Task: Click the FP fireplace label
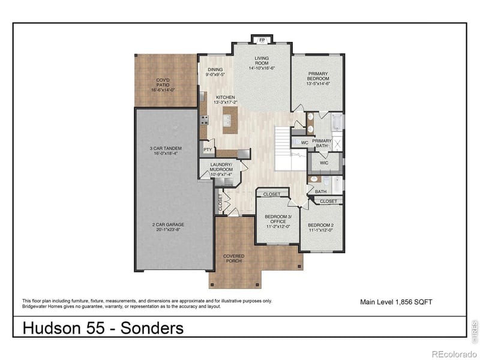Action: (x=262, y=41)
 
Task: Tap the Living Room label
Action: (x=261, y=63)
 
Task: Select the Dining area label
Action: (x=215, y=72)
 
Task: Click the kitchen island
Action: (x=228, y=122)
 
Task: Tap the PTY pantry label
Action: (x=207, y=150)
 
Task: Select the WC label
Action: (x=304, y=143)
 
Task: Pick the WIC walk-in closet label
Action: (x=324, y=163)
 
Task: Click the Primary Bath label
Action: (x=322, y=143)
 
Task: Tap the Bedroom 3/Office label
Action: (x=278, y=222)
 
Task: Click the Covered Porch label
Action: (x=234, y=259)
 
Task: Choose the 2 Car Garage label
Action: (x=167, y=227)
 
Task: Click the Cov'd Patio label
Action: (x=166, y=85)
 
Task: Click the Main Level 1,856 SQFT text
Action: (x=395, y=302)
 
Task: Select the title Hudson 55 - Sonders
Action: (x=103, y=328)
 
